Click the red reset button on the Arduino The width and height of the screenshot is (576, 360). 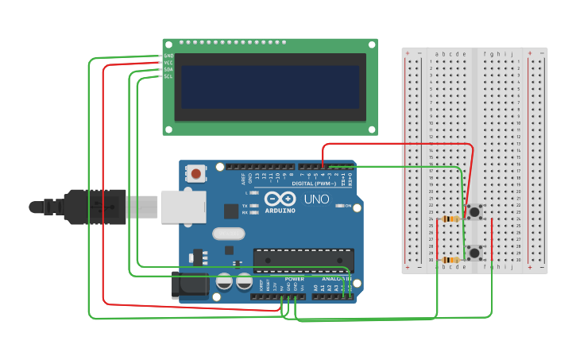click(x=195, y=172)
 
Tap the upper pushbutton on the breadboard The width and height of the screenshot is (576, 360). click(x=474, y=211)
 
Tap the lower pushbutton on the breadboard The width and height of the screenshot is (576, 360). click(x=474, y=253)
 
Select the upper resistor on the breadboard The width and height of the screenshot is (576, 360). click(x=450, y=219)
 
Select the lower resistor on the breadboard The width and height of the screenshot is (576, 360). click(x=450, y=260)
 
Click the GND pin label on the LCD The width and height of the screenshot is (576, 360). click(x=168, y=56)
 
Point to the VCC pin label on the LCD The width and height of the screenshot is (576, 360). click(x=168, y=63)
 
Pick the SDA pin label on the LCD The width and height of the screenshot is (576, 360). click(x=168, y=69)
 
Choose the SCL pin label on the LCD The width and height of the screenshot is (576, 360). click(x=168, y=76)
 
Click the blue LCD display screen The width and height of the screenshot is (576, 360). click(x=269, y=87)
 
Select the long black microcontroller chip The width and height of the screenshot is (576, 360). click(x=303, y=260)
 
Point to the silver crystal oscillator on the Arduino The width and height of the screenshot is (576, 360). click(x=229, y=234)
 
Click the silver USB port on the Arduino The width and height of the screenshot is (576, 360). click(x=183, y=207)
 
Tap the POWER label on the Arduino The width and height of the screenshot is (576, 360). click(x=294, y=279)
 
